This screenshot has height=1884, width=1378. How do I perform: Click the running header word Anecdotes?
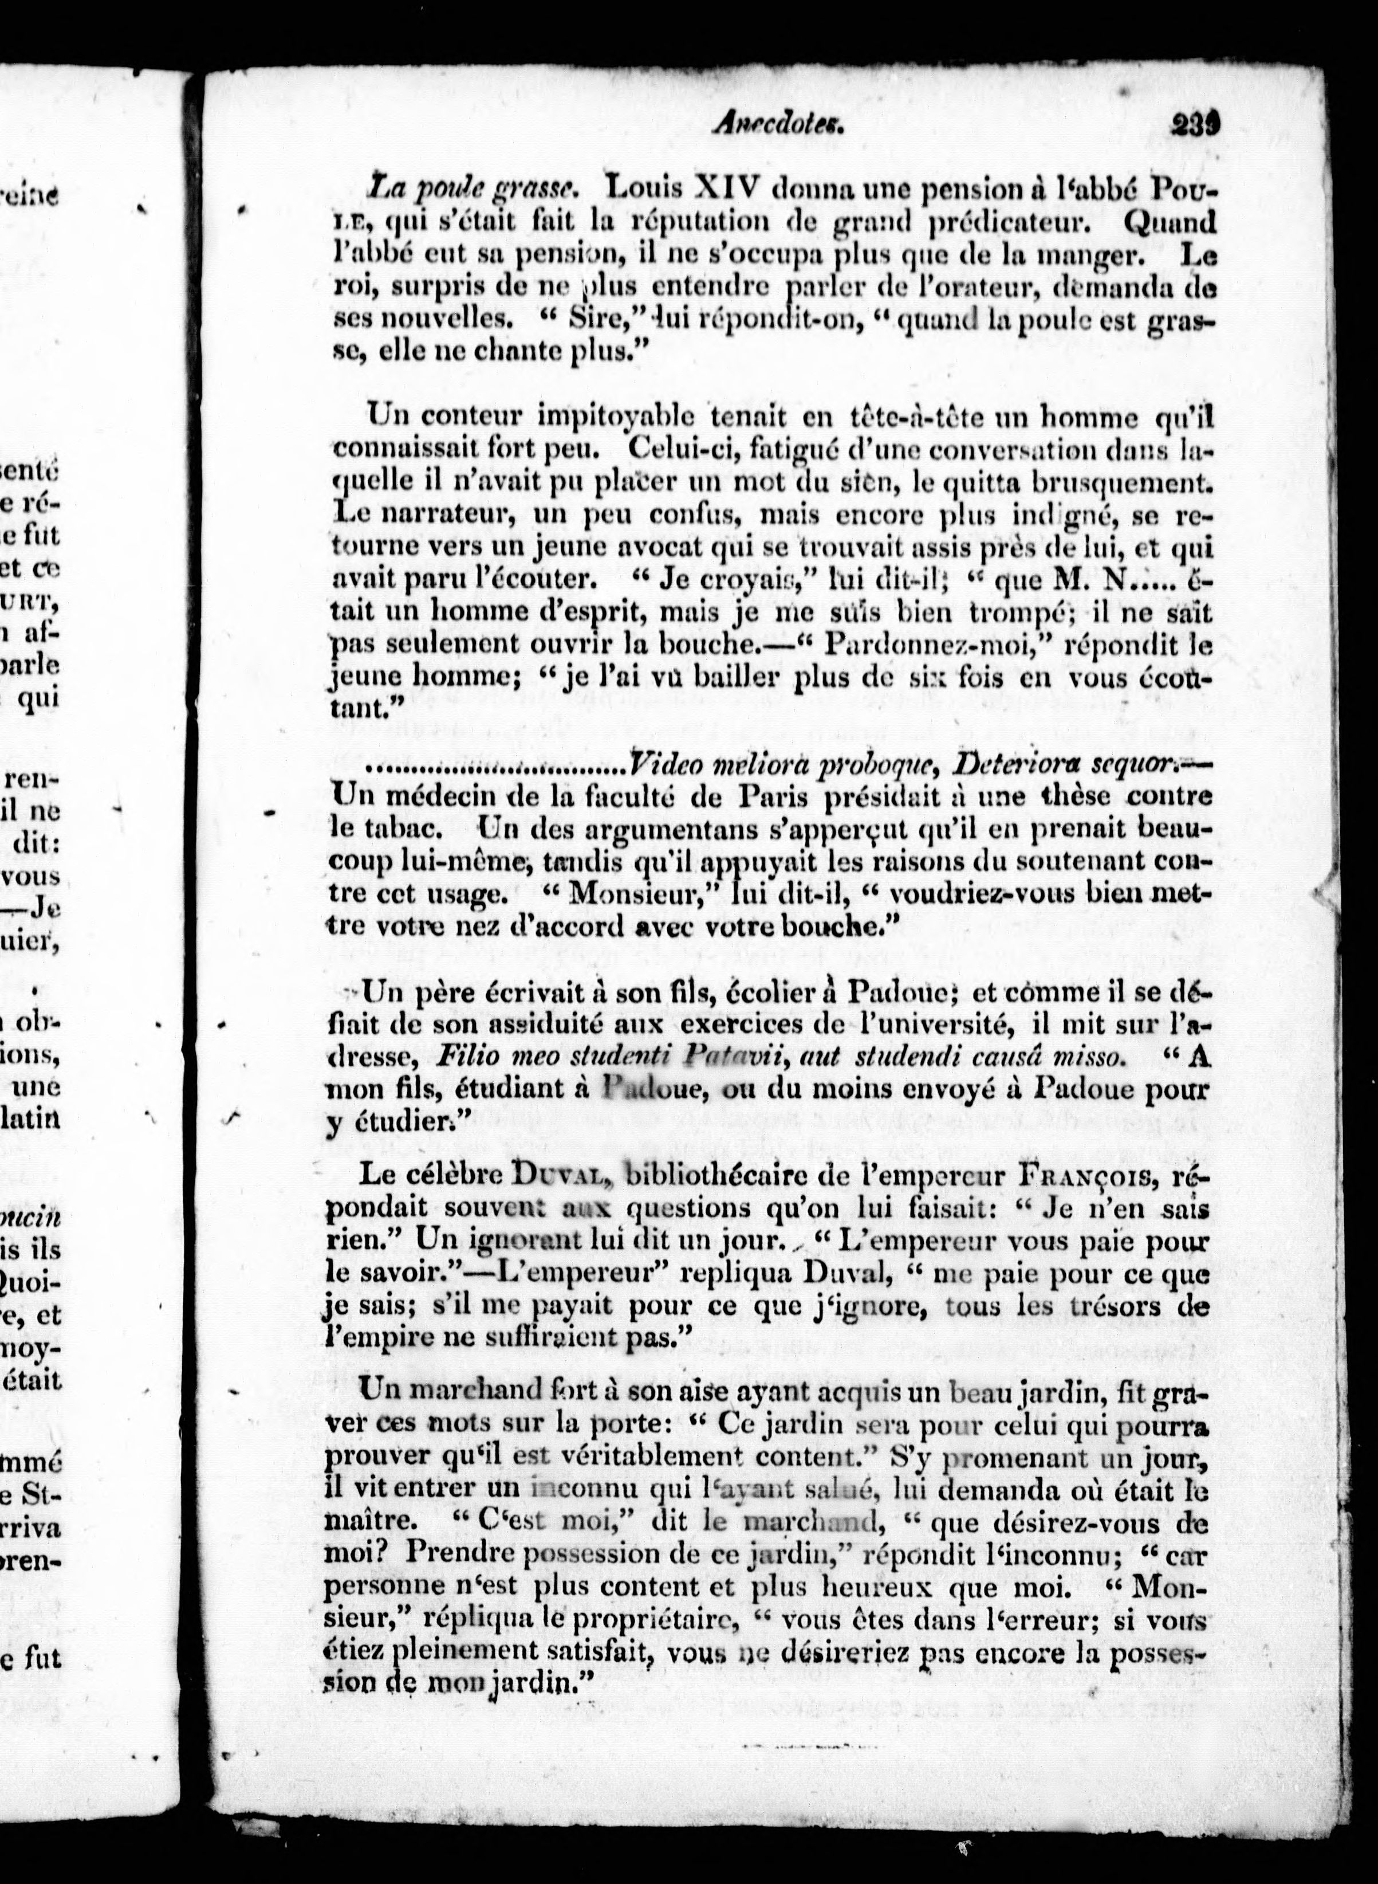click(x=778, y=125)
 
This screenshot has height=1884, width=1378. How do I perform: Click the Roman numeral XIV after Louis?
click(x=726, y=189)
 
